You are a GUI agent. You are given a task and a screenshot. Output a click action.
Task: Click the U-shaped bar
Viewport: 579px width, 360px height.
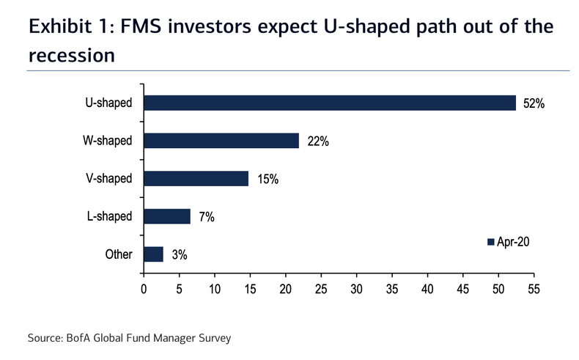pos(330,103)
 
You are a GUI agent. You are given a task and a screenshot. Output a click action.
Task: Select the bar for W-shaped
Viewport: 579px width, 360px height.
pos(221,141)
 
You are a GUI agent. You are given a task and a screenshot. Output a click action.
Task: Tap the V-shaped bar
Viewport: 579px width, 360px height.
pos(196,178)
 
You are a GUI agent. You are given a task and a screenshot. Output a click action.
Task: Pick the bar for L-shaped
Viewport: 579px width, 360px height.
pos(167,216)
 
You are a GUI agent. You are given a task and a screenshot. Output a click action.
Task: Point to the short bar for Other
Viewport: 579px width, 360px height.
pos(153,254)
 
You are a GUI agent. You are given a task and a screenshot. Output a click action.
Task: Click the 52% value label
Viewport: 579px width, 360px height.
pos(534,103)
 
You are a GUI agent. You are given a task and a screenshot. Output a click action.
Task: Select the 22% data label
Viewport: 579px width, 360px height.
pos(318,142)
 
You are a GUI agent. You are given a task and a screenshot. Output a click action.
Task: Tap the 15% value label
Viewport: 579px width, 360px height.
pos(268,179)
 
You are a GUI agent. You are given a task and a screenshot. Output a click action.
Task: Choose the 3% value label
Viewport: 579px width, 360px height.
pos(180,254)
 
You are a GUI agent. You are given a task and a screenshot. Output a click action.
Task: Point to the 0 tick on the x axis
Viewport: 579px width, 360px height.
pos(144,290)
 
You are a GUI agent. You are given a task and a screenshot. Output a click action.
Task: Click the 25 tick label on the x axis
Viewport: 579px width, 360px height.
pos(321,290)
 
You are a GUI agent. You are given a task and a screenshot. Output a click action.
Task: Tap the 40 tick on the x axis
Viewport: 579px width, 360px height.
pos(427,290)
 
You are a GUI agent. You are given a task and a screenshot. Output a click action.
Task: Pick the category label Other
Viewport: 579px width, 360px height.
pos(118,254)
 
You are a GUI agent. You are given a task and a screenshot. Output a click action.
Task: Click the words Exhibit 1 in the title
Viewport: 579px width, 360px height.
pos(65,27)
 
